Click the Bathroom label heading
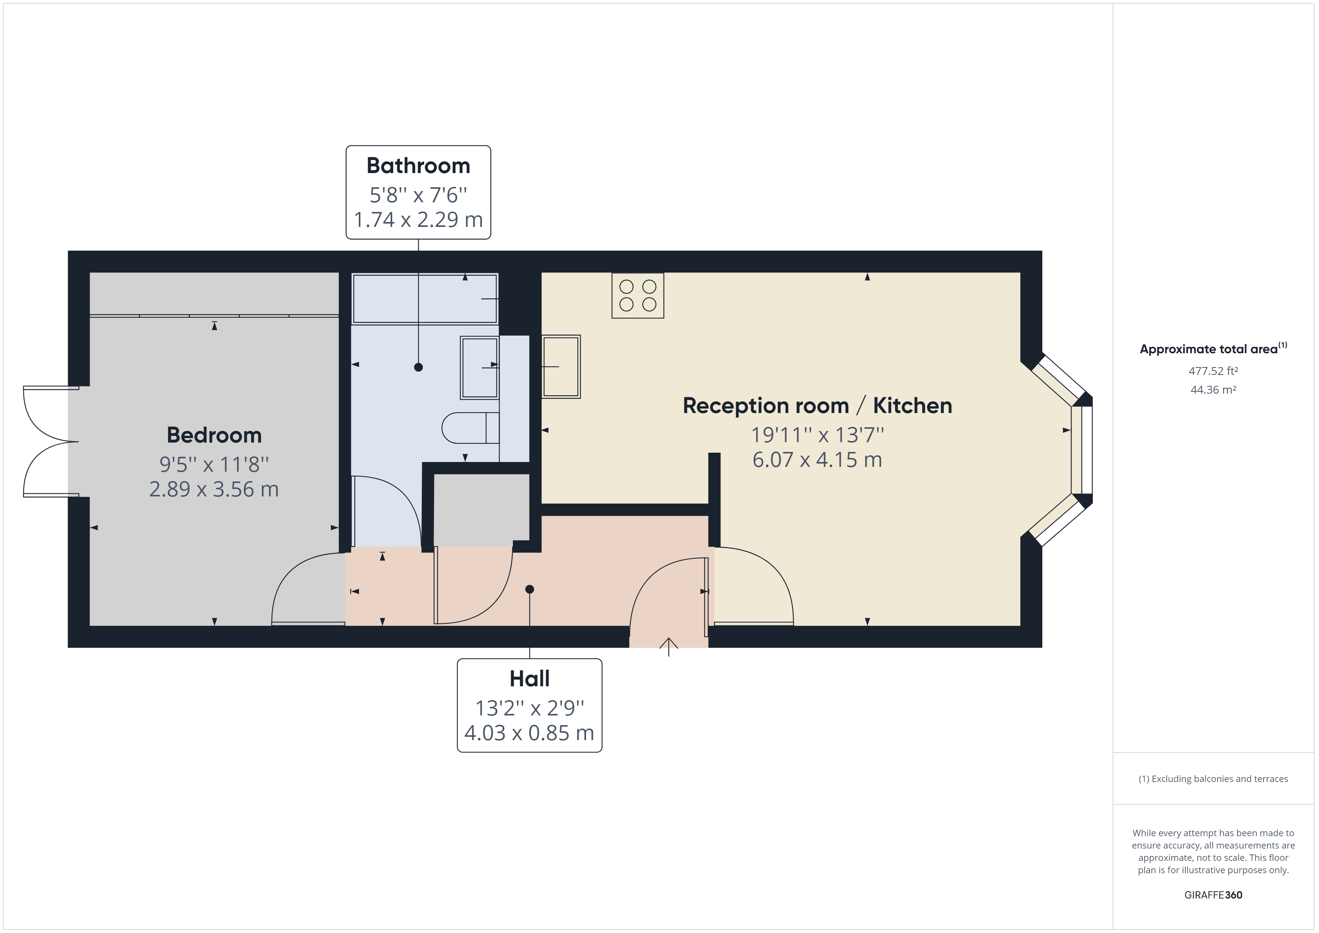pos(418,166)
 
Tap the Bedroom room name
pos(214,435)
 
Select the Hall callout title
pos(529,678)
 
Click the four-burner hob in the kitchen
pos(638,295)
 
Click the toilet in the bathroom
pos(470,428)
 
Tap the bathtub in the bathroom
pos(425,299)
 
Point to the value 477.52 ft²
pos(1213,371)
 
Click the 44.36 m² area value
pos(1213,389)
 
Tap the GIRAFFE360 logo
pos(1213,894)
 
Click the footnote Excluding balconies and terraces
pos(1213,779)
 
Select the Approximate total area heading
pos(1213,349)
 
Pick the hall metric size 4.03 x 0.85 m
pos(529,733)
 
